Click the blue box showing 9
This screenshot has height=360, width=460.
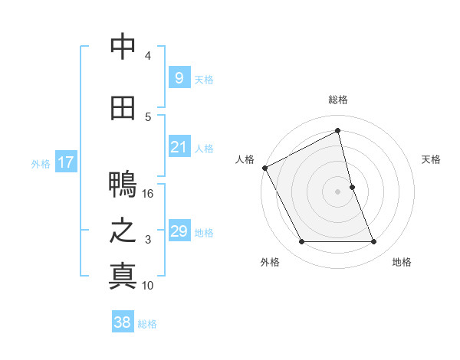point(179,78)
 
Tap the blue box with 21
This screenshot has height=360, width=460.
point(179,147)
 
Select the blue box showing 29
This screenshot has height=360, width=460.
point(179,231)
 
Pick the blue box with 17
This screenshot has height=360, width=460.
point(65,162)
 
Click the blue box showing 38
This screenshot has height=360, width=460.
point(123,323)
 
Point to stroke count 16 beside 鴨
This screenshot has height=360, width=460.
point(148,194)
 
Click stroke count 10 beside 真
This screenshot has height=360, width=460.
point(148,286)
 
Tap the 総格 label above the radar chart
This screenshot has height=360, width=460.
point(338,100)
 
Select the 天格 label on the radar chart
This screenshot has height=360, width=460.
point(432,159)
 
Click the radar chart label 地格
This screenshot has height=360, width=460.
point(402,262)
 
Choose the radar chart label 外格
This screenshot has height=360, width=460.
point(269,262)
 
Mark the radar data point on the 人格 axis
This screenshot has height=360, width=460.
point(264,168)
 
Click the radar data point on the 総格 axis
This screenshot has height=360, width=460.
point(338,131)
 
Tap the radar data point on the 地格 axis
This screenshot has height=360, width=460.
point(374,242)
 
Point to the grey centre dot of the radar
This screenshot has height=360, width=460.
point(338,191)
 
